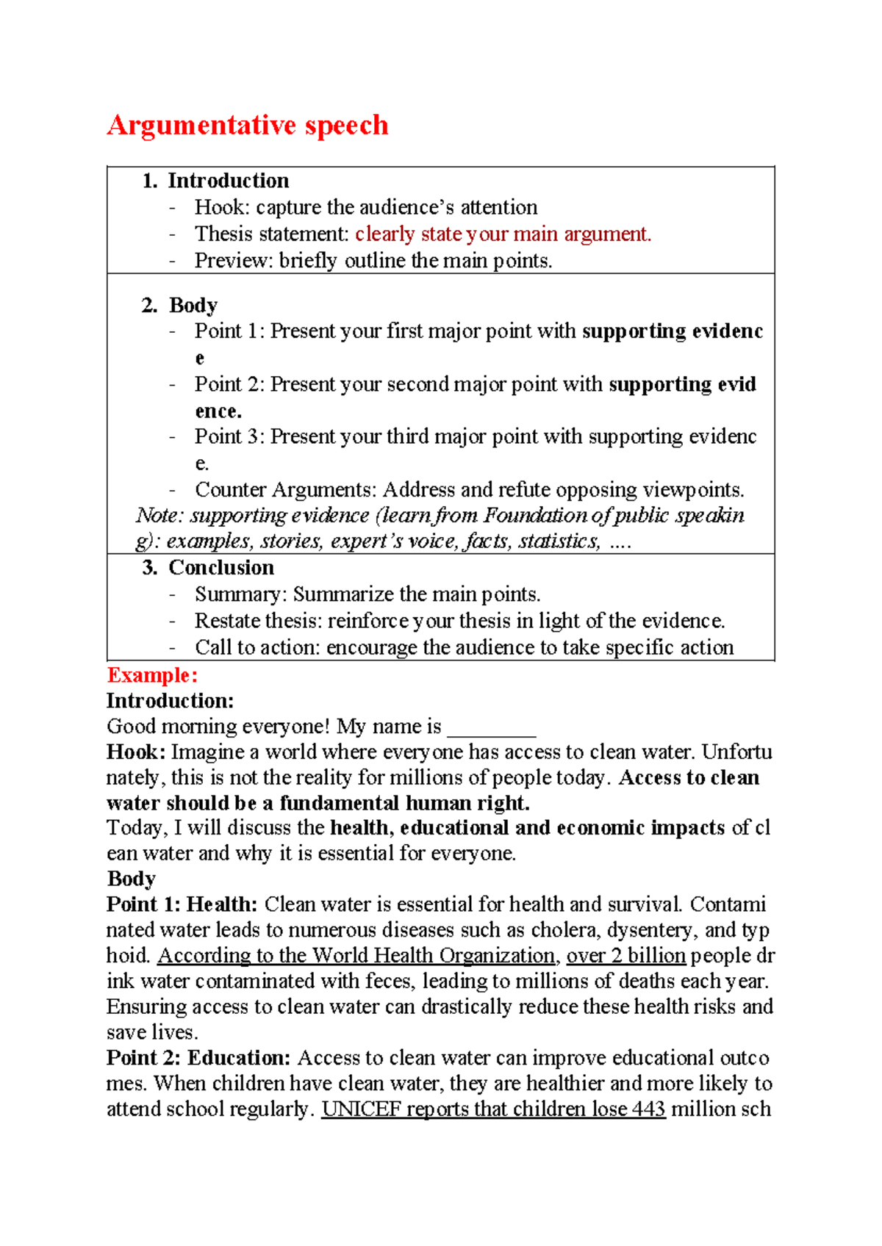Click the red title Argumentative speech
[247, 125]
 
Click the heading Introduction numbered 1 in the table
[228, 181]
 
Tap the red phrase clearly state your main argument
[503, 234]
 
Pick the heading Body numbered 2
[193, 305]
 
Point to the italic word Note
[157, 516]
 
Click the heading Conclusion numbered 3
[221, 567]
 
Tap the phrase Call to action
[257, 647]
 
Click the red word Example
[151, 675]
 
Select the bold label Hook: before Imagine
[136, 752]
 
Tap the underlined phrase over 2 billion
[625, 955]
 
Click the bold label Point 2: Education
[198, 1057]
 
